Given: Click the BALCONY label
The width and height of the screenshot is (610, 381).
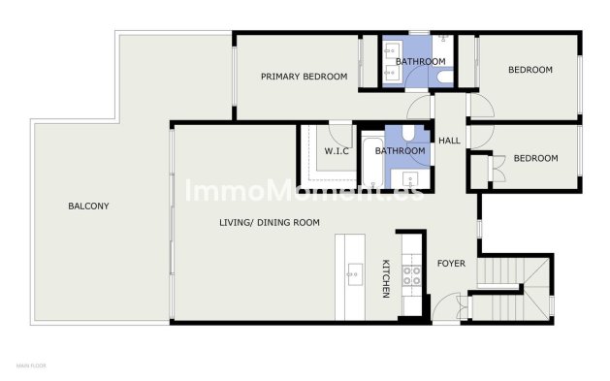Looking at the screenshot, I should click(87, 206).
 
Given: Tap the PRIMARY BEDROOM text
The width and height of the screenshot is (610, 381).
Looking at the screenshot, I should click(304, 76).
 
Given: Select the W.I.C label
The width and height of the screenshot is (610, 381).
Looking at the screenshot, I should click(336, 151).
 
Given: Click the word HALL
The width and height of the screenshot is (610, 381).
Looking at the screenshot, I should click(449, 142).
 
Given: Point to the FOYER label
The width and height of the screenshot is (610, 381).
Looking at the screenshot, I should click(452, 263).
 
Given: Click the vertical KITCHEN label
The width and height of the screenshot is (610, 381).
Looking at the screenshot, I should click(385, 278).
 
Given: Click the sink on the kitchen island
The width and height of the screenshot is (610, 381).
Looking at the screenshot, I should click(349, 276).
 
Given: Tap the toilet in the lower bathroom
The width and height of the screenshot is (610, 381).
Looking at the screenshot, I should click(408, 134).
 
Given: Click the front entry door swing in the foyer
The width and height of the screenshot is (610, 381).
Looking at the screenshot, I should click(444, 308).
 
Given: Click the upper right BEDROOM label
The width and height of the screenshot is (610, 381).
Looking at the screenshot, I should click(530, 70).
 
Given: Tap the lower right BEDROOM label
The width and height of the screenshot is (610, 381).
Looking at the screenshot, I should click(535, 158).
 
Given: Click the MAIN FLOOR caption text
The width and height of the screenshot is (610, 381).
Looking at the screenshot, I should click(31, 366).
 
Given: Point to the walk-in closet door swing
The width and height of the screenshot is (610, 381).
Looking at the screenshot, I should click(339, 129).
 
